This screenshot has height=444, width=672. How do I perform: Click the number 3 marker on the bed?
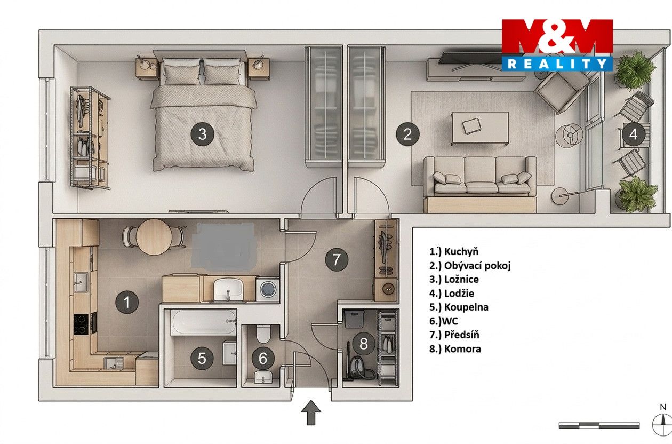click(x=203, y=134)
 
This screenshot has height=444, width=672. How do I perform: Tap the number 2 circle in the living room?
click(x=407, y=134)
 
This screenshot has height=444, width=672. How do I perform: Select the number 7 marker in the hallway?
click(x=337, y=259)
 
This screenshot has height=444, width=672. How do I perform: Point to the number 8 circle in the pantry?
click(x=363, y=344)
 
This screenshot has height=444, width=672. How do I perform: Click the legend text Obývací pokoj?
click(x=477, y=266)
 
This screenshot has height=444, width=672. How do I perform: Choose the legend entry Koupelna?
click(x=466, y=307)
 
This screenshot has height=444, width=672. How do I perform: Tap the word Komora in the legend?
click(x=462, y=349)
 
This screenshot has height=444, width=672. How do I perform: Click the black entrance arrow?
click(x=311, y=413)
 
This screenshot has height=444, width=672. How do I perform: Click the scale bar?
click(x=599, y=425)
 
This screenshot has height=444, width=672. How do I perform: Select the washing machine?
click(x=268, y=289)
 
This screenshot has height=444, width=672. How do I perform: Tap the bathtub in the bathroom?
click(x=203, y=322)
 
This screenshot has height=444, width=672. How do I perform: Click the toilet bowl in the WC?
click(x=263, y=334)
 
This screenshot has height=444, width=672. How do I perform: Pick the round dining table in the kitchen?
click(x=154, y=237)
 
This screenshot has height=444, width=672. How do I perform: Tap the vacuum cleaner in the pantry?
click(x=358, y=364)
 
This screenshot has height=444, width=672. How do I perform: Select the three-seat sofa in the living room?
click(x=479, y=176)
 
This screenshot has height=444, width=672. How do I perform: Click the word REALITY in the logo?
click(x=557, y=64)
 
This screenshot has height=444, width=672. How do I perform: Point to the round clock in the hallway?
click(x=389, y=289)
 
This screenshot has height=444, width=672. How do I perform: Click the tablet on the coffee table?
click(x=471, y=126)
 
